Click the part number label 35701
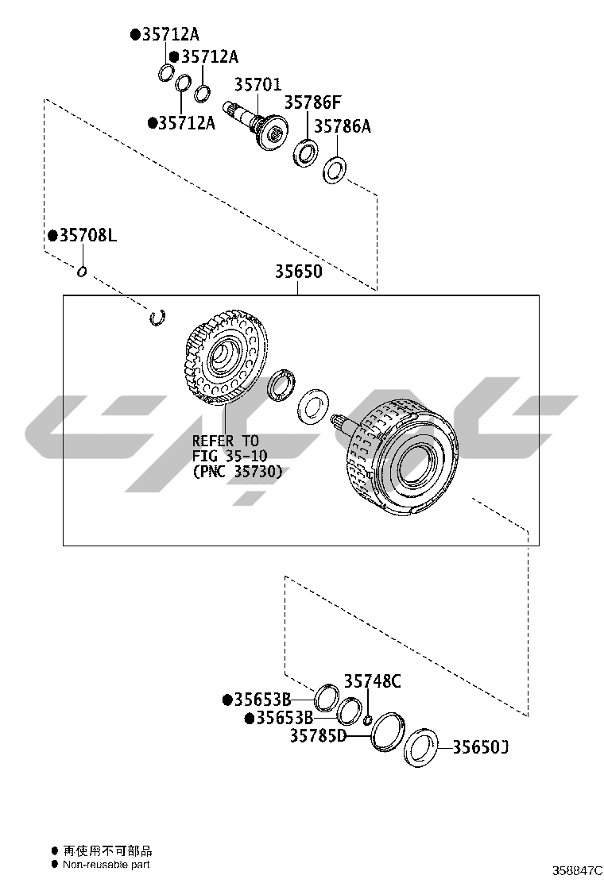pyautogui.click(x=257, y=84)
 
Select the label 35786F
pyautogui.click(x=312, y=102)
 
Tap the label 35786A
pyautogui.click(x=342, y=126)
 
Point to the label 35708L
pyautogui.click(x=88, y=235)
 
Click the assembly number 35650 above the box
pyautogui.click(x=299, y=272)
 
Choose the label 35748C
pyautogui.click(x=373, y=681)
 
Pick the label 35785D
pyautogui.click(x=319, y=735)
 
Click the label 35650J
pyautogui.click(x=481, y=747)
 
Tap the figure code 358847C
pyautogui.click(x=577, y=870)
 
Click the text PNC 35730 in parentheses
pyautogui.click(x=238, y=472)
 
